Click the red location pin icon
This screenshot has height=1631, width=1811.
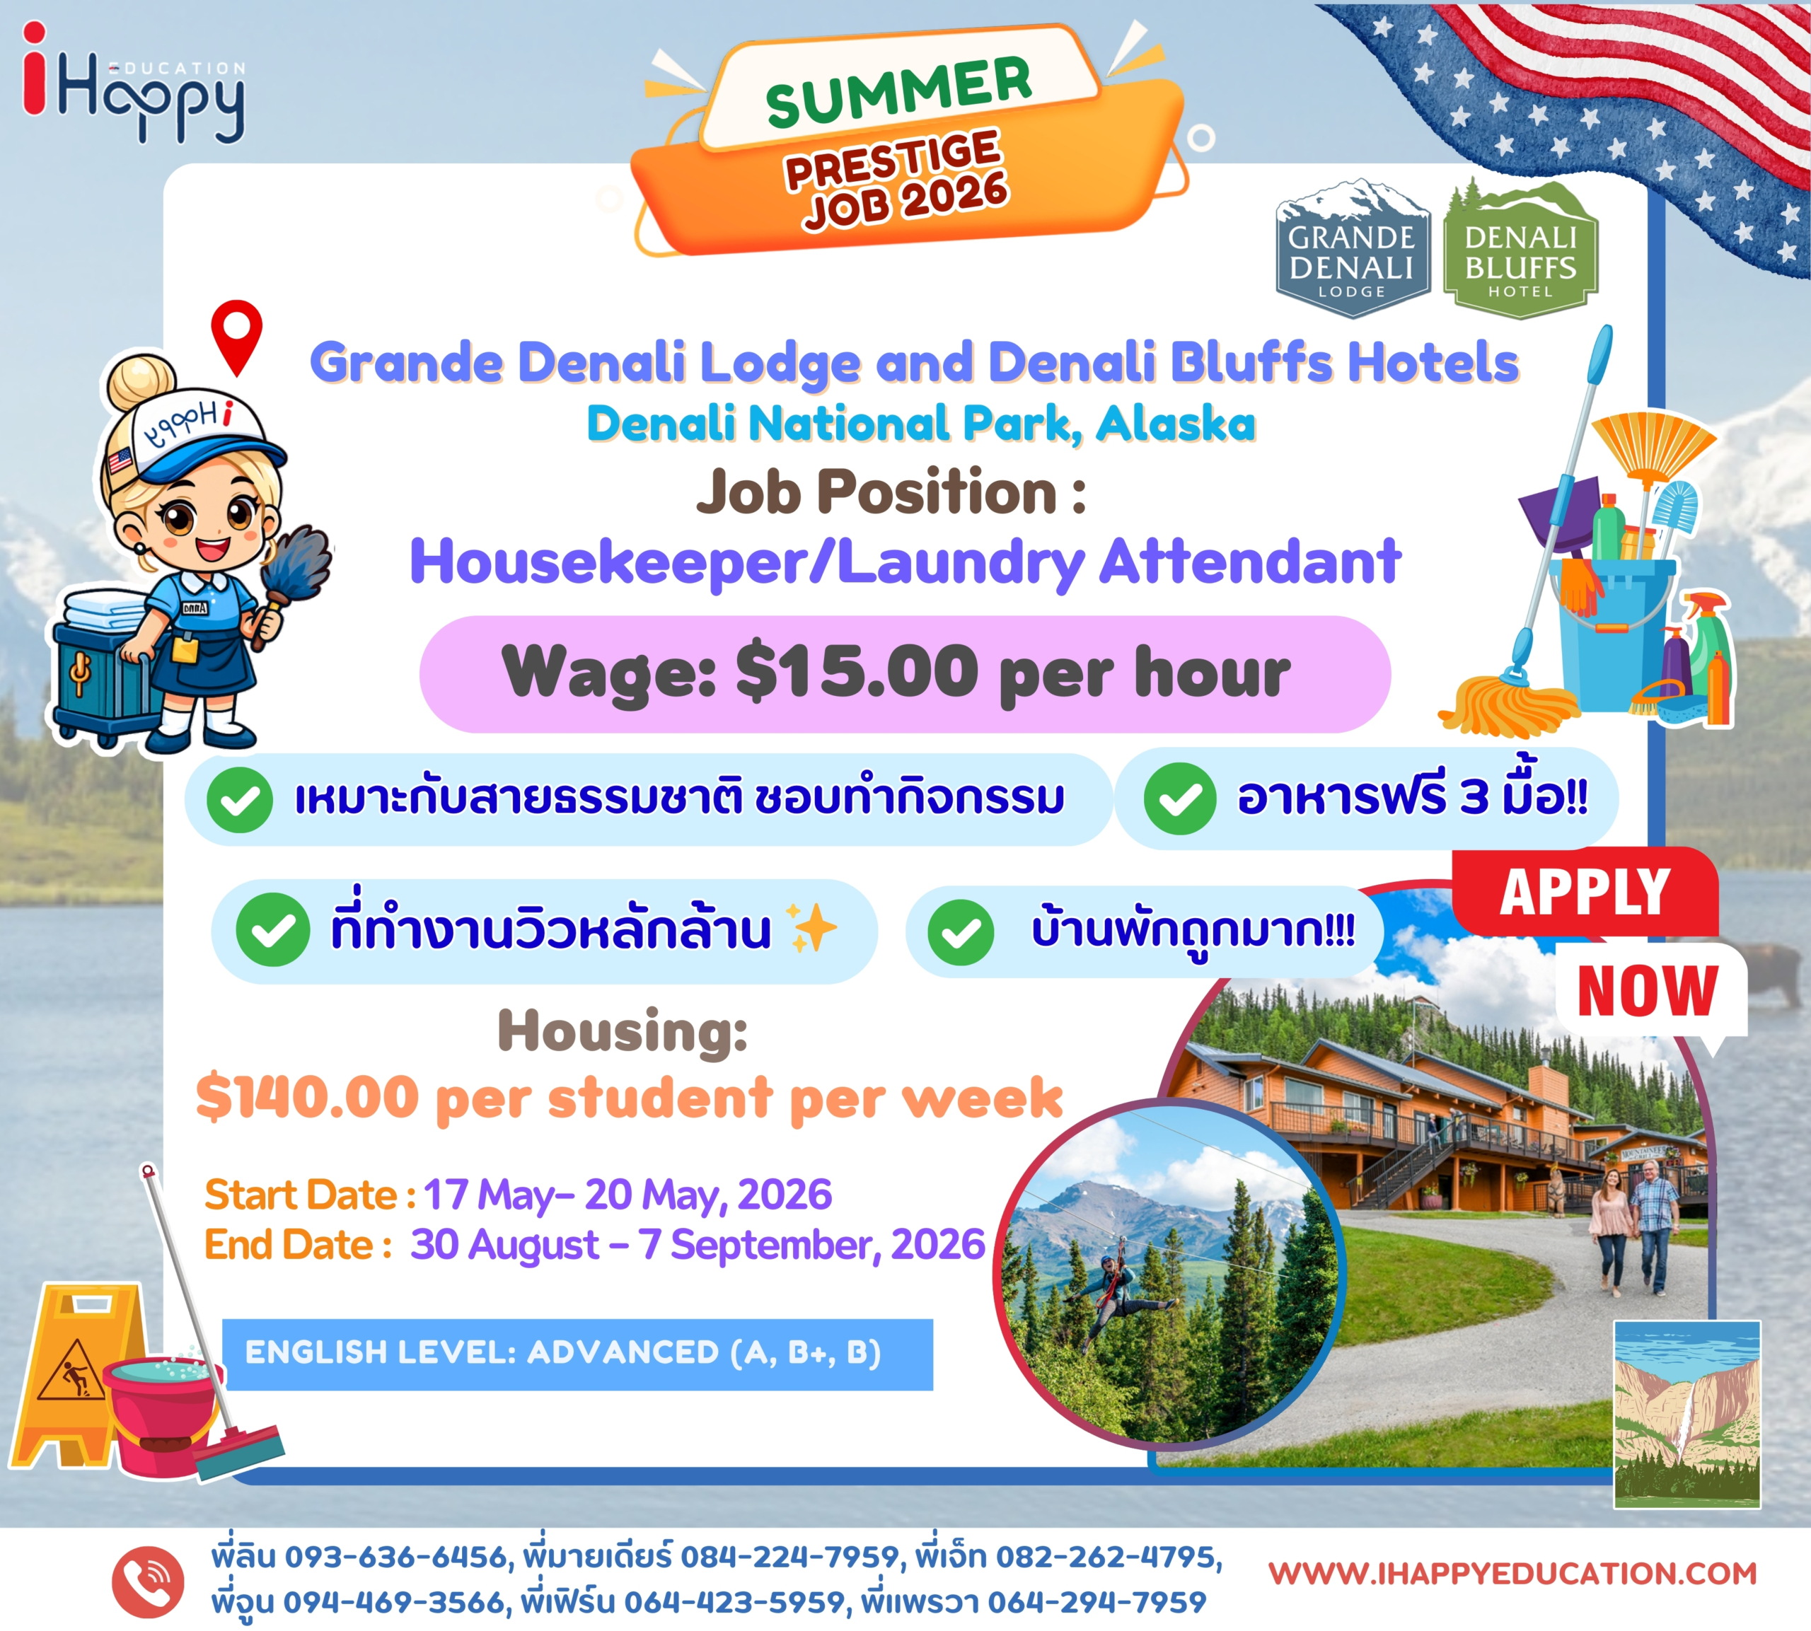click(236, 336)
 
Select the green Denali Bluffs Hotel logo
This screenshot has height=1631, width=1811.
click(1521, 249)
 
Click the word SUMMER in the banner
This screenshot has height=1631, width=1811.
click(898, 91)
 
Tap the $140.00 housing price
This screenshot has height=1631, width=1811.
click(307, 1097)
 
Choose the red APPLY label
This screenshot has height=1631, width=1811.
click(1585, 892)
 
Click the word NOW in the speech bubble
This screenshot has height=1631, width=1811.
click(1647, 991)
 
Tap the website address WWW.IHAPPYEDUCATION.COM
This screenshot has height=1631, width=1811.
click(1512, 1574)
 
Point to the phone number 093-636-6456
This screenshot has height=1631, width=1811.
click(396, 1557)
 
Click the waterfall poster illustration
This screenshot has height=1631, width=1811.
click(1687, 1414)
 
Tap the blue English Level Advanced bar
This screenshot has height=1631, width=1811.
click(578, 1354)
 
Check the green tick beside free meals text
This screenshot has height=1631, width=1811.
click(1180, 798)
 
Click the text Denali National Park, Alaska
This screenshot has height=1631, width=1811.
click(920, 424)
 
